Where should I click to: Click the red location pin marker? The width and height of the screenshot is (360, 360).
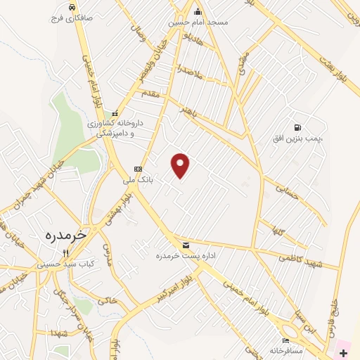(x=181, y=165)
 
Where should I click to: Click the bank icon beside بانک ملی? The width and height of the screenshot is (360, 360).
(x=138, y=169)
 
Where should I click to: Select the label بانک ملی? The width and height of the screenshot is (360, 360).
(x=138, y=180)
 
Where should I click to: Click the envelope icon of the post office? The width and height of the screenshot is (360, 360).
(x=186, y=245)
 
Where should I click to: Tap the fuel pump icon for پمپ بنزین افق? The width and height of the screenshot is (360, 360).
(x=297, y=127)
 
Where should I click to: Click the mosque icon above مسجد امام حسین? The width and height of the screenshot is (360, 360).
(x=198, y=11)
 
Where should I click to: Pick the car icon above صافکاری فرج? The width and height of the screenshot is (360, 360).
(x=71, y=7)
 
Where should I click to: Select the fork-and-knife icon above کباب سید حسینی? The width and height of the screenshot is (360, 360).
(x=65, y=252)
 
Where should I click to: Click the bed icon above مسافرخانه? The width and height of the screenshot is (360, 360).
(x=285, y=340)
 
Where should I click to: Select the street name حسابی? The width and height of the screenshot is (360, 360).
(x=287, y=192)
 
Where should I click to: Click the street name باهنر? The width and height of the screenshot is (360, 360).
(x=192, y=112)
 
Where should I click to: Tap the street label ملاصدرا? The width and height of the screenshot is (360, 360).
(x=190, y=72)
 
